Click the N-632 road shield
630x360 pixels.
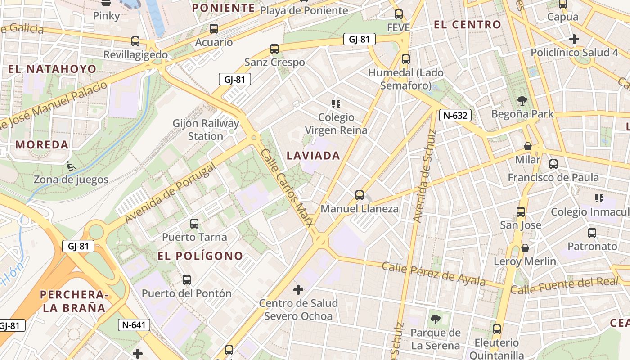tap(455, 116)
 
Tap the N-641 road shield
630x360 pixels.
tap(134, 324)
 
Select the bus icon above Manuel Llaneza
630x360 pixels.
tap(359, 195)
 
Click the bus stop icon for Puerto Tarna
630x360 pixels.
tap(194, 223)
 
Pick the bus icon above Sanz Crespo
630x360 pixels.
tap(274, 49)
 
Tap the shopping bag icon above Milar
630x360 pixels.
tap(528, 146)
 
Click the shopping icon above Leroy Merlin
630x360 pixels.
tap(525, 248)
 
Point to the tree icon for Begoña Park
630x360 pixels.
tap(522, 100)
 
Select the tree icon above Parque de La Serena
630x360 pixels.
tap(435, 319)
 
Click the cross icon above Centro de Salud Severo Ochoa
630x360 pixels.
tap(298, 289)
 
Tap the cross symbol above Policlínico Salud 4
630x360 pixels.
tap(574, 39)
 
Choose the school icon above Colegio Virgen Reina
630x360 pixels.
tap(336, 104)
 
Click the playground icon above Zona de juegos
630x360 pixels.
tap(71, 166)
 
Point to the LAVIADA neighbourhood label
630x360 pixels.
tap(313, 156)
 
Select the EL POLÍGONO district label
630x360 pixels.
tap(200, 256)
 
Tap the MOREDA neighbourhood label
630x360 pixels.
tap(42, 145)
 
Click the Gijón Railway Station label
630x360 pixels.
tap(206, 130)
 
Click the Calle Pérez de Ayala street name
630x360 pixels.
tap(433, 273)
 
